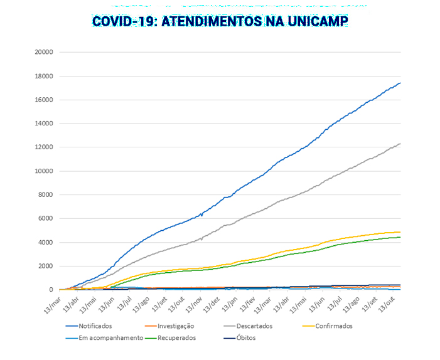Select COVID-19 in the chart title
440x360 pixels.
click(124, 21)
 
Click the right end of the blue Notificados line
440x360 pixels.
click(400, 83)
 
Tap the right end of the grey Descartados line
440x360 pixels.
click(400, 144)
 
